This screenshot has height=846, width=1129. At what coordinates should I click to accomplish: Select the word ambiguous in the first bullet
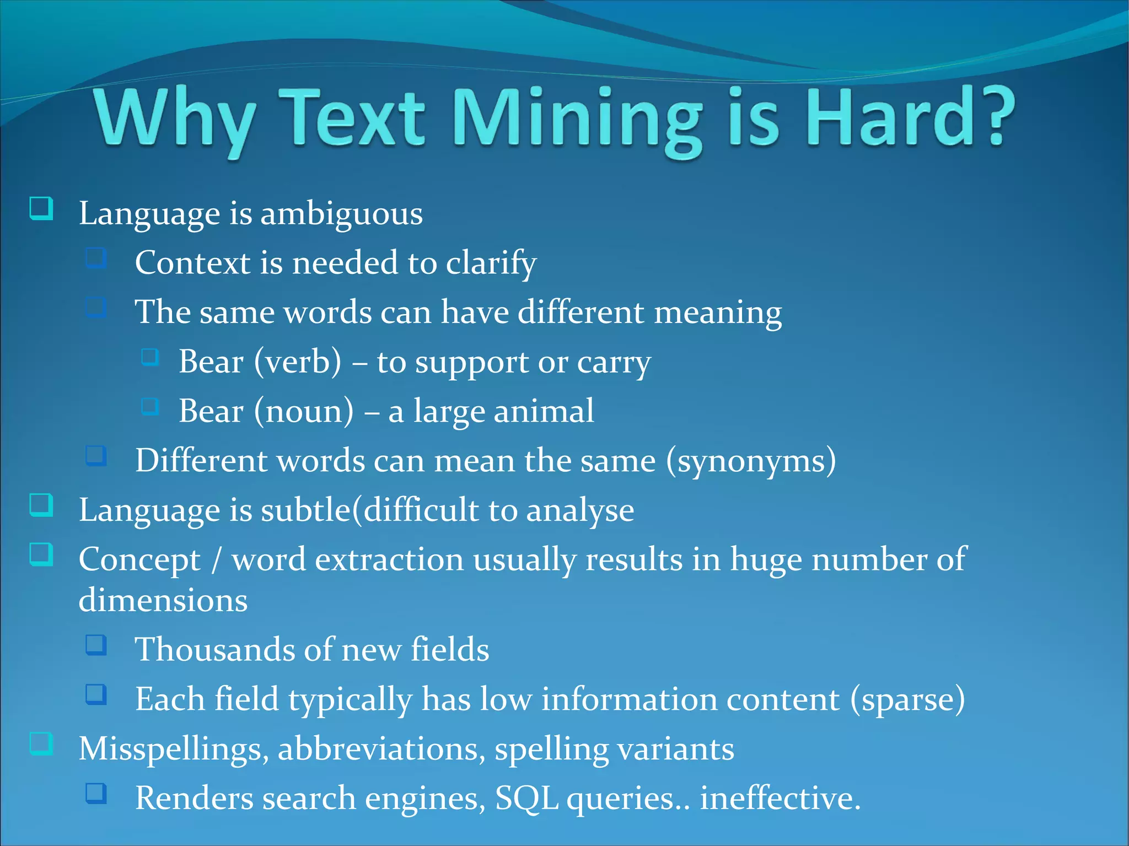pyautogui.click(x=341, y=214)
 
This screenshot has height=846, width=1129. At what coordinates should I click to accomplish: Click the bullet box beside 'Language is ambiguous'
pyautogui.click(x=41, y=209)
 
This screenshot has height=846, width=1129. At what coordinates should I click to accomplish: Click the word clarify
pyautogui.click(x=491, y=263)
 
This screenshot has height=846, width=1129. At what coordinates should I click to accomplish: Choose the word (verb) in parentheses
pyautogui.click(x=298, y=362)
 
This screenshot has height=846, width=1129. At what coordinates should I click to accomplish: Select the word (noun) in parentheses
pyautogui.click(x=304, y=411)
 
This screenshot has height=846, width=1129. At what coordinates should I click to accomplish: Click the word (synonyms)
pyautogui.click(x=751, y=461)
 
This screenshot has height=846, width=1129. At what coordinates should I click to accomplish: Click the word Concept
pyautogui.click(x=139, y=560)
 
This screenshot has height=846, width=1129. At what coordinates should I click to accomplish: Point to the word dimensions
pyautogui.click(x=163, y=600)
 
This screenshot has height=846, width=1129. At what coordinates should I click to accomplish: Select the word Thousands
pyautogui.click(x=214, y=649)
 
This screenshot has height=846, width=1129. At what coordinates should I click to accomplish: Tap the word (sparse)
pyautogui.click(x=907, y=699)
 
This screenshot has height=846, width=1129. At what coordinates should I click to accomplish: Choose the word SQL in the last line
pyautogui.click(x=526, y=798)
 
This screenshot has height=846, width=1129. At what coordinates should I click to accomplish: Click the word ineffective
pyautogui.click(x=779, y=798)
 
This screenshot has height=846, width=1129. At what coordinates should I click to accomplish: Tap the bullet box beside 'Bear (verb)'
pyautogui.click(x=150, y=357)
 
